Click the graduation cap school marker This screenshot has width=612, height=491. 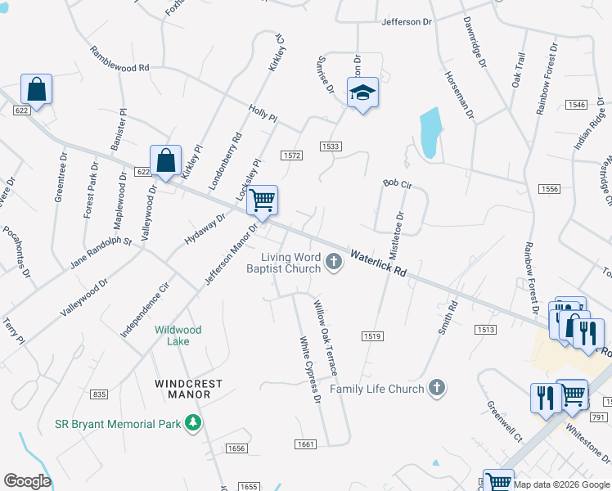point(362,93)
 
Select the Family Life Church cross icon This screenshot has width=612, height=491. point(437,388)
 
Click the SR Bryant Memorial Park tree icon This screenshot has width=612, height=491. point(192,423)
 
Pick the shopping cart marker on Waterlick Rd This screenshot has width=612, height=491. point(262,200)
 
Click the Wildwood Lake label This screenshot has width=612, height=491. point(178,335)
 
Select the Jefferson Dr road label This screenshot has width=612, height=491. point(406,21)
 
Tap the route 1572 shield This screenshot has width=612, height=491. point(291,155)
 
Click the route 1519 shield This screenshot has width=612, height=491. point(372,336)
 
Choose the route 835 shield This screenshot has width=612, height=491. point(99,394)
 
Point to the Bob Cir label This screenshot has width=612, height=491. point(397,185)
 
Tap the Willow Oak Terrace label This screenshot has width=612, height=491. point(325,337)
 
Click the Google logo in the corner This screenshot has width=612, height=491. point(27,481)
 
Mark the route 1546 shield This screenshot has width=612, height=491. point(577,105)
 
